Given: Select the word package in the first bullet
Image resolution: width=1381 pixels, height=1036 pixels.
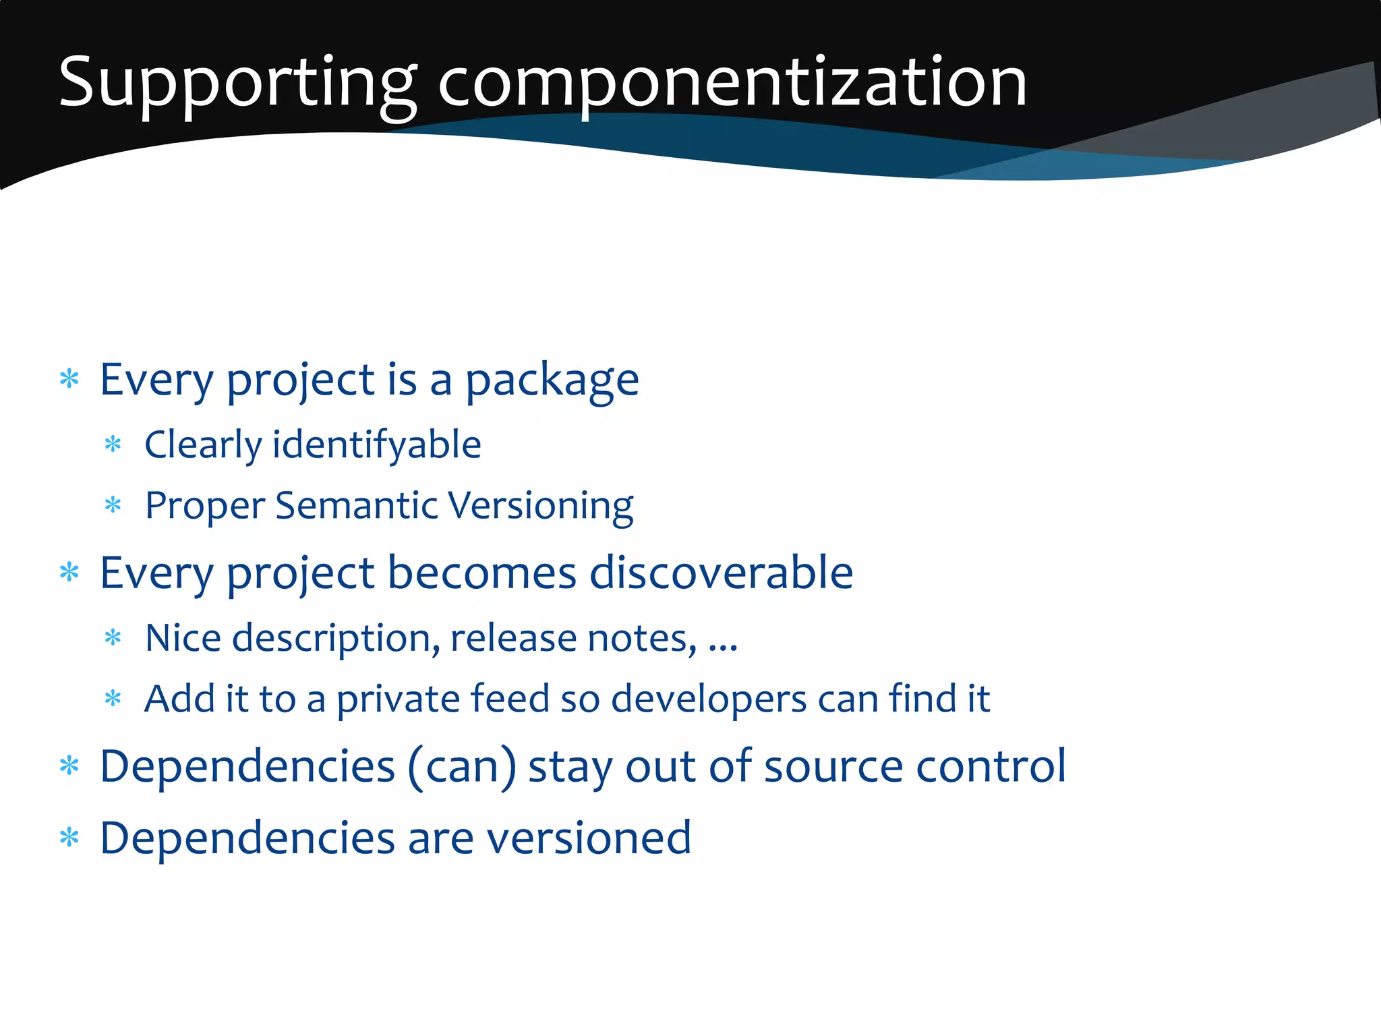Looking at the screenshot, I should pos(552,381).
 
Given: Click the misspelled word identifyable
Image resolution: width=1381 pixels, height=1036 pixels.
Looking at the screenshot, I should pos(376,446).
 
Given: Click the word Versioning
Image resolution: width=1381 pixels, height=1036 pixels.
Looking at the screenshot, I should pos(541,506).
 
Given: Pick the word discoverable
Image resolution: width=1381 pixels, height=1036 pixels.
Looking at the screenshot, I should pos(721,573).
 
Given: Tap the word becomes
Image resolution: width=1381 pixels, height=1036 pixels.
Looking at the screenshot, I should pos(481,573).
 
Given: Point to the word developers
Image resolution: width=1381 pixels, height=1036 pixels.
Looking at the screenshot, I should pos(708,699).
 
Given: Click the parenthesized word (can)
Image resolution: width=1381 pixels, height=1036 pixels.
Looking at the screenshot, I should pos(463,767).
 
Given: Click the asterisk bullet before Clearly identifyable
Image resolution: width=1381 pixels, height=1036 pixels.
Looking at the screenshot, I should pos(113,444).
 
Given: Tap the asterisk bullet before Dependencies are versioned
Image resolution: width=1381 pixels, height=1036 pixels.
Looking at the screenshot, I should pos(69,838).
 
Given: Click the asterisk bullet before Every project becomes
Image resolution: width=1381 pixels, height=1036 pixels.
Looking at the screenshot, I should pos(69,573).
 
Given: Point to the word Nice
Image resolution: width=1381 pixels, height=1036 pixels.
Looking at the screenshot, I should pos(183,639).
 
